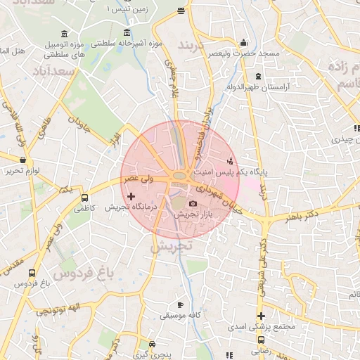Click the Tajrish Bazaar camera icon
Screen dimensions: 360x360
coord(193,203)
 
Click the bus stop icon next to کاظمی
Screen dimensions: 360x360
coord(85,198)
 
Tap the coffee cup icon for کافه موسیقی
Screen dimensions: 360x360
coord(179,304)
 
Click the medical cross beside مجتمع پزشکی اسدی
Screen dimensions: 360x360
coord(261,316)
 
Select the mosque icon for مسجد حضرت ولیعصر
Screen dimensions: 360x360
coord(244,42)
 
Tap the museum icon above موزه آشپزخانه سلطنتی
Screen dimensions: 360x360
coord(127,32)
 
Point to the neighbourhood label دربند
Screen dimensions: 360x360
coord(191,46)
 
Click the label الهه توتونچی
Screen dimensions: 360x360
coord(60,308)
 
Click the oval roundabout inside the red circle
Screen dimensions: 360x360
coord(180,176)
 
